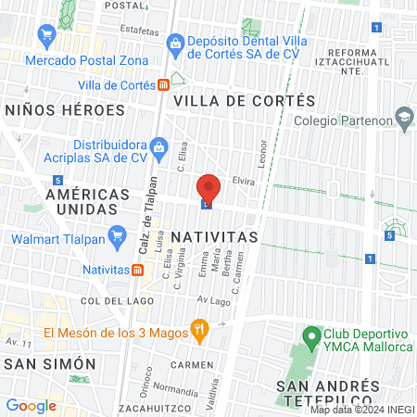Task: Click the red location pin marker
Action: tap(208, 188)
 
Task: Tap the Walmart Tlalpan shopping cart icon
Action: tap(117, 239)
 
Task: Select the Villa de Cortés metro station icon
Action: tap(163, 84)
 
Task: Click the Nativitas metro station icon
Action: tap(137, 270)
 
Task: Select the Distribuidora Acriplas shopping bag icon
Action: tap(158, 146)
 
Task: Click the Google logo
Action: tap(32, 405)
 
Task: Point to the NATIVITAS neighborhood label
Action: tap(214, 236)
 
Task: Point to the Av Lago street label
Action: tap(212, 301)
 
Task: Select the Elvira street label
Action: tap(243, 181)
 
